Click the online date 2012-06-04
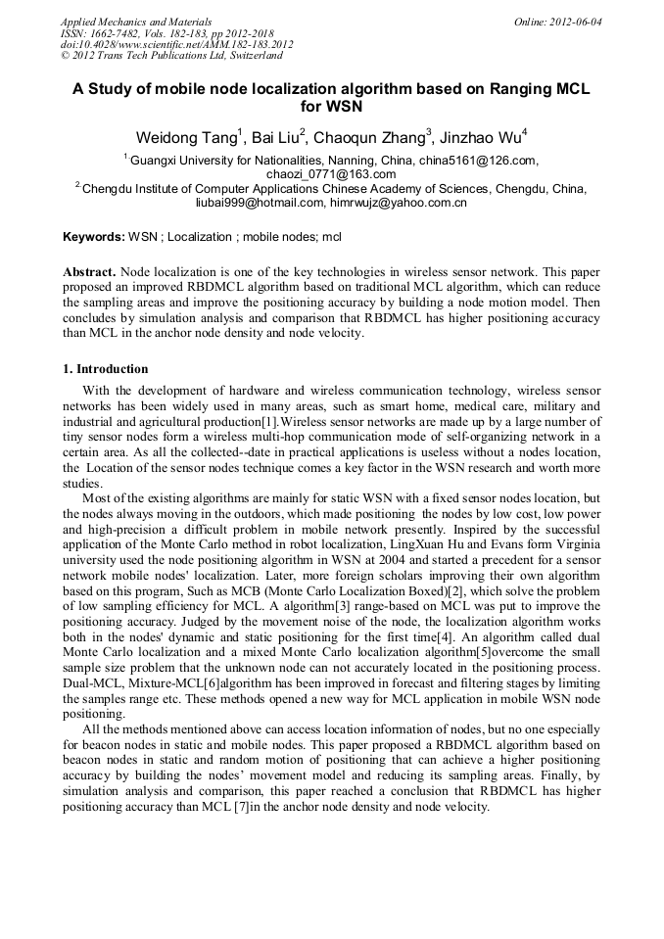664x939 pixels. coord(577,22)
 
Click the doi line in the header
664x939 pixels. coord(176,45)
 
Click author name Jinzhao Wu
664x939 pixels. coord(481,136)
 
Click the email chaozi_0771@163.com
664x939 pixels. coord(331,173)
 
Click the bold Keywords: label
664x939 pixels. coord(94,237)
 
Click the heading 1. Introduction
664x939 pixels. coord(106,369)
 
